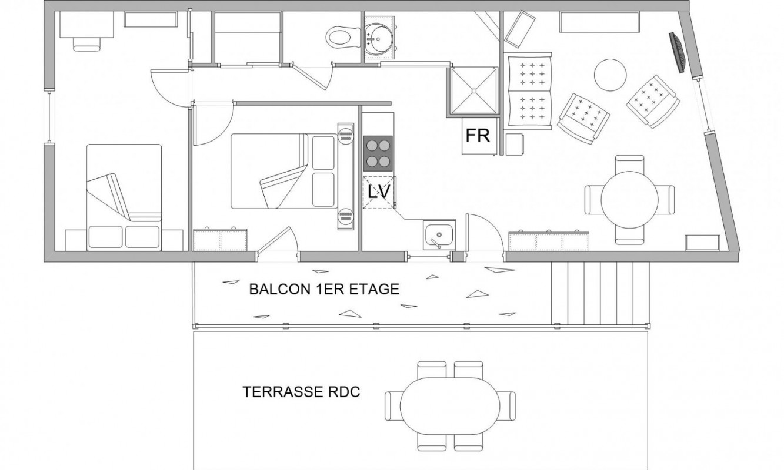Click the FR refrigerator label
coord(478,135)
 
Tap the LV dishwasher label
coord(379,192)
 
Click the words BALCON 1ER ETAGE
coord(324,289)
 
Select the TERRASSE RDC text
coord(301,392)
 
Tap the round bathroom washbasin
coord(379,38)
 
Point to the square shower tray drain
coord(474,91)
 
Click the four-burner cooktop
coord(378,153)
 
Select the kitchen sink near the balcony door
coord(439,235)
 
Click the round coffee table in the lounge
coord(610,75)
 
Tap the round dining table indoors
coord(630,200)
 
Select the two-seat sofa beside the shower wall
coord(528,89)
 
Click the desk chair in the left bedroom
coord(86,43)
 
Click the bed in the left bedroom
coord(124,197)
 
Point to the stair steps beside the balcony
coord(600,293)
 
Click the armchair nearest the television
coord(653,102)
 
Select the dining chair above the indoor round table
coord(630,164)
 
